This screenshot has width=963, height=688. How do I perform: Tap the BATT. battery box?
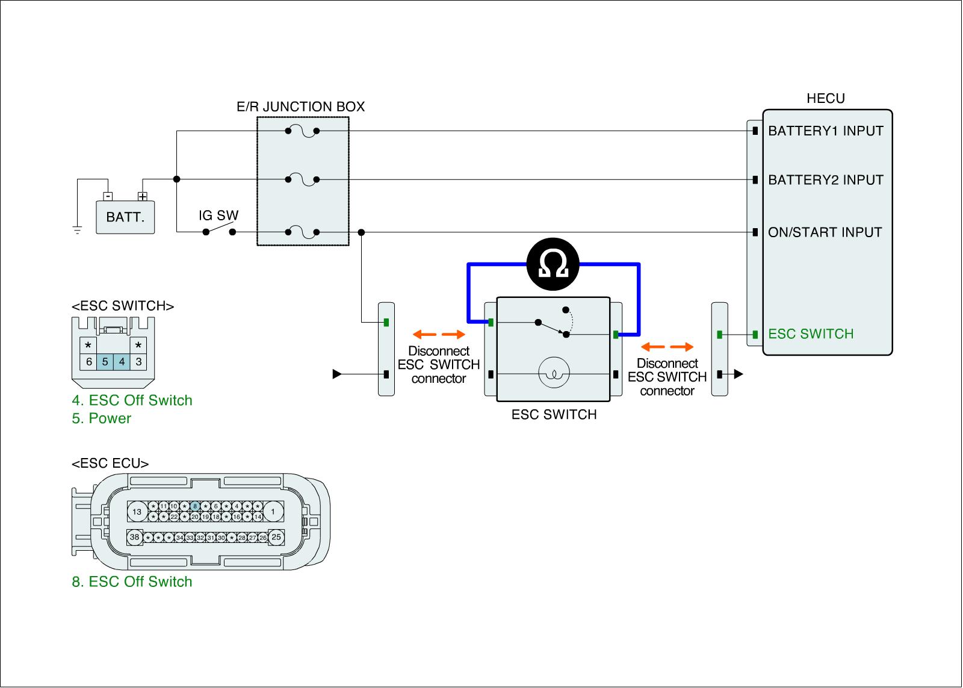(x=125, y=217)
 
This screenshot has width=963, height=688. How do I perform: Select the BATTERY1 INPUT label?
(x=825, y=131)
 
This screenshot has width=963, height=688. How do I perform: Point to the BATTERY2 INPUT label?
(x=825, y=179)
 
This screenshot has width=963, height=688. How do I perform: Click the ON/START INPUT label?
(x=825, y=232)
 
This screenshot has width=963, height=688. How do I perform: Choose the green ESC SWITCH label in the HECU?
(x=811, y=334)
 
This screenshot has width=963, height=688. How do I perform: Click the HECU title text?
(x=825, y=99)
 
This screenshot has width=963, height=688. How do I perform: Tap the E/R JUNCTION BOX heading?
(x=300, y=107)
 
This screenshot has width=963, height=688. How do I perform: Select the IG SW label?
(x=218, y=215)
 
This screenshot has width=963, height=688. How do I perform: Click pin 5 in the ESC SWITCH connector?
(x=105, y=362)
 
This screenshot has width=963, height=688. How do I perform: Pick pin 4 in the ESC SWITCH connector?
(x=122, y=362)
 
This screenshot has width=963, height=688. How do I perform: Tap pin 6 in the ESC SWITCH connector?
(x=89, y=362)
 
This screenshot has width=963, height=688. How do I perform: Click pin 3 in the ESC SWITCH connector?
(x=139, y=362)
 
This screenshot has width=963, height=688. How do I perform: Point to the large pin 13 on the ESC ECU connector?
(x=137, y=512)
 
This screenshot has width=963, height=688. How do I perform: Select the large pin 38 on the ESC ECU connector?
(x=135, y=537)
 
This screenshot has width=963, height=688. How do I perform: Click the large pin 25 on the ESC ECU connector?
(x=276, y=537)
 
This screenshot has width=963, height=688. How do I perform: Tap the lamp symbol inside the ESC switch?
(x=553, y=374)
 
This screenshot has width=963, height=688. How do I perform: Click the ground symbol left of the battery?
(x=76, y=229)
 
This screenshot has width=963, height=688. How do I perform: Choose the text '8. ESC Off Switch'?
(x=132, y=581)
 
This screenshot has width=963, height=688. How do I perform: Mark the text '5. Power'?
(x=101, y=418)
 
